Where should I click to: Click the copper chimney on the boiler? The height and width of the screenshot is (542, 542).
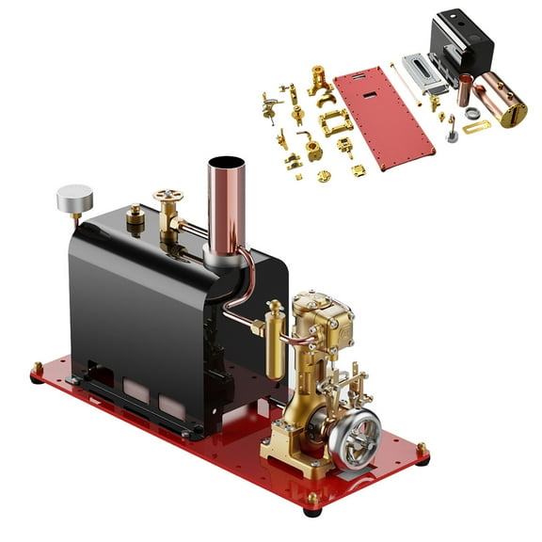pyautogui.click(x=226, y=202)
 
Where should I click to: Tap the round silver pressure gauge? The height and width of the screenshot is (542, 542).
pyautogui.click(x=74, y=199)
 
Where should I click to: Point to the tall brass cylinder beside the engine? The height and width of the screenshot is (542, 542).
pyautogui.click(x=275, y=341)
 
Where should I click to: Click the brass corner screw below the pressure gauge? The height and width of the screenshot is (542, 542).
pyautogui.click(x=38, y=367)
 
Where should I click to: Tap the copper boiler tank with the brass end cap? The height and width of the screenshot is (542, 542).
pyautogui.click(x=503, y=99)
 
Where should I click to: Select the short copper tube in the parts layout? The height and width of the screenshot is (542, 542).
pyautogui.click(x=465, y=90)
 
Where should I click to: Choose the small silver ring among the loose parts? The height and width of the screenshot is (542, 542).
pyautogui.click(x=471, y=113)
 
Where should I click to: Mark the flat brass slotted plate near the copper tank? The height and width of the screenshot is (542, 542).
pyautogui.click(x=476, y=126)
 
